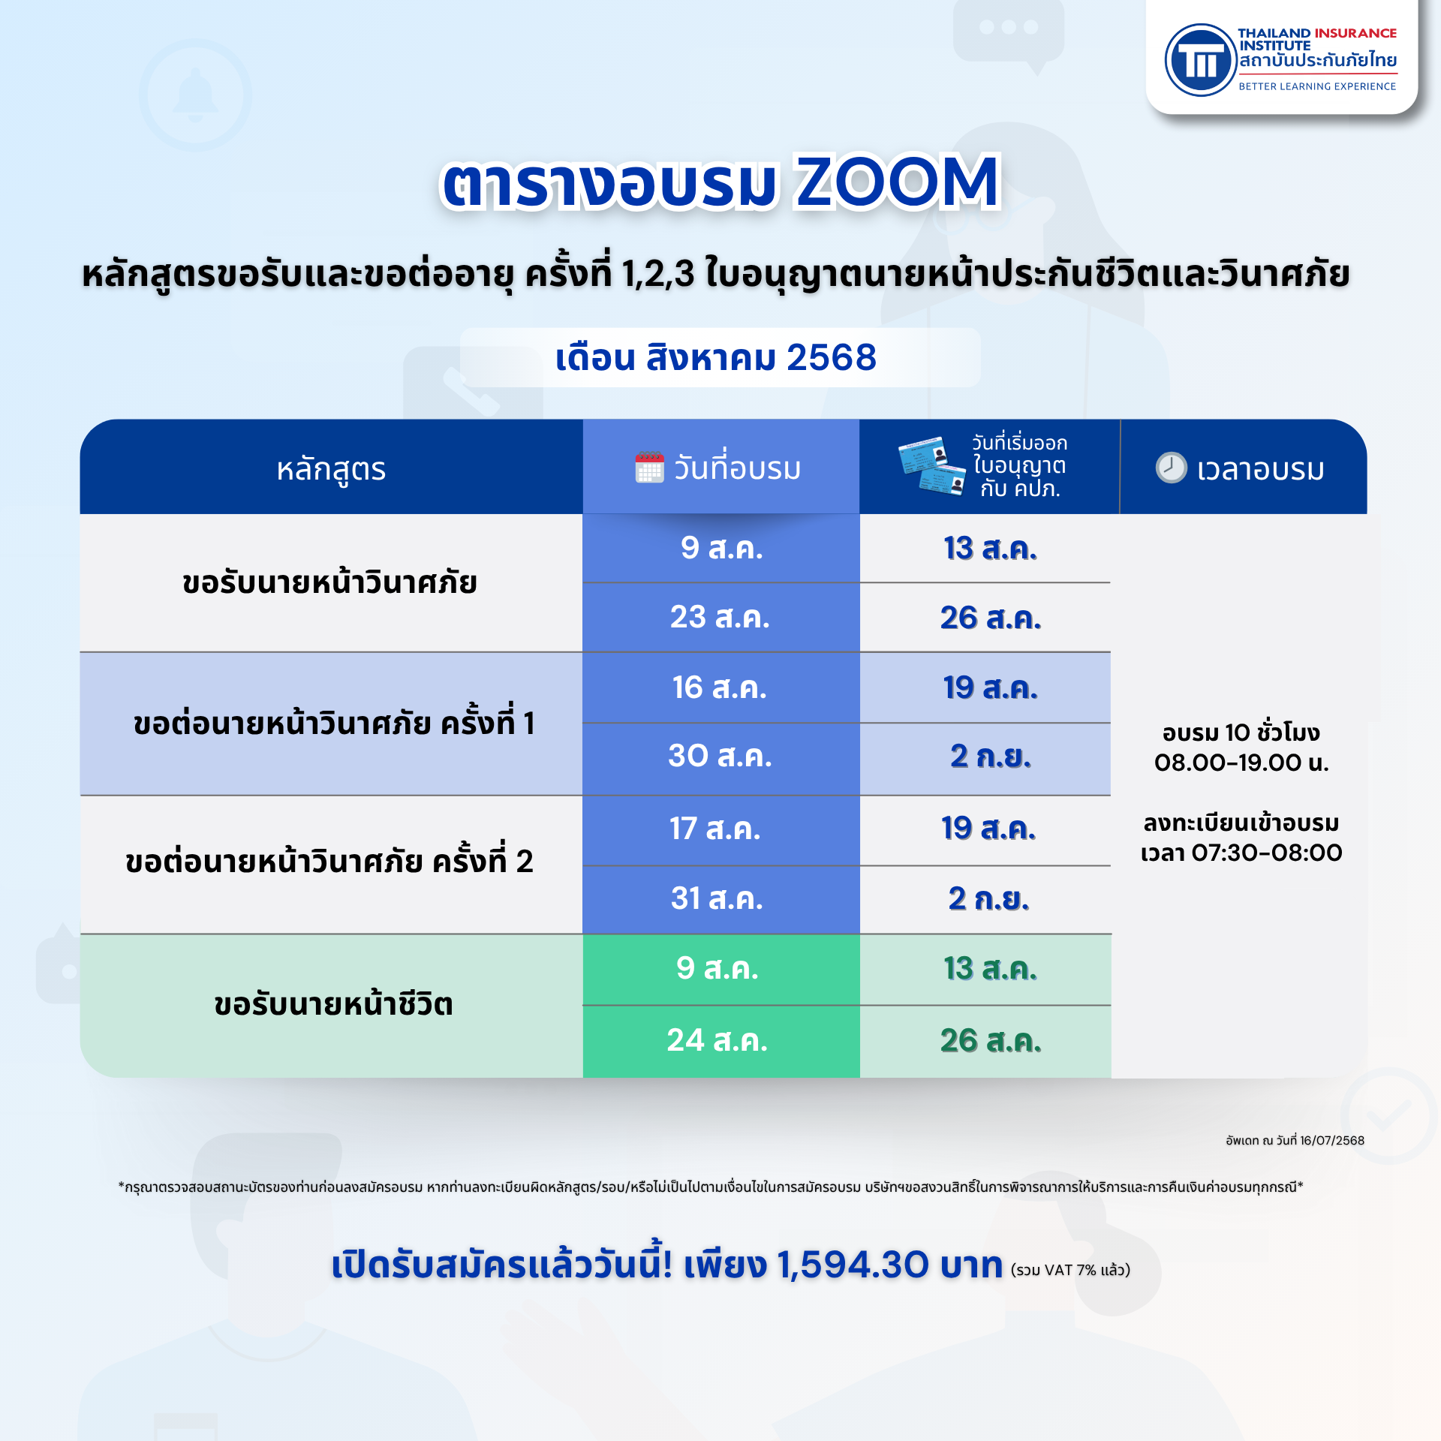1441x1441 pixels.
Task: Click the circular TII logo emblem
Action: coord(1199,60)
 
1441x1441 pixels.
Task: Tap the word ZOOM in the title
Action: coord(898,182)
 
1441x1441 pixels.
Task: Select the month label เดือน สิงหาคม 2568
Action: coord(716,357)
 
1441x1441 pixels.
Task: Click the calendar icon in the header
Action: coord(649,468)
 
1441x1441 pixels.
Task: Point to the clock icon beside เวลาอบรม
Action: coord(1171,468)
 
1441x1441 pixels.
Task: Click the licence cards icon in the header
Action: coord(931,465)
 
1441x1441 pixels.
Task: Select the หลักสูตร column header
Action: coord(331,470)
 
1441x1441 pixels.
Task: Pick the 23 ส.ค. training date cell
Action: coord(720,617)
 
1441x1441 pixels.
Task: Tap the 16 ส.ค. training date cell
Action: coord(720,687)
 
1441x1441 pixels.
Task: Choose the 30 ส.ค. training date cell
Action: coord(720,756)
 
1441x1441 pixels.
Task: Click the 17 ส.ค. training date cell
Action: coord(720,829)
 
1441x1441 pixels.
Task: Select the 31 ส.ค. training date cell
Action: coord(720,898)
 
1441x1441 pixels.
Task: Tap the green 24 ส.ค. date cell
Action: coord(720,1041)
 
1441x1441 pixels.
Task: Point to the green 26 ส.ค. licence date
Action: coord(991,1041)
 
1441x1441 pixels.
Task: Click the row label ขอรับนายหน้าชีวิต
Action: coord(333,1004)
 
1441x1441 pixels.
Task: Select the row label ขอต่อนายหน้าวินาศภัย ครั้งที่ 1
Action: coord(334,724)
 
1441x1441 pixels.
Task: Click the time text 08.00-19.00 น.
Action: coord(1241,763)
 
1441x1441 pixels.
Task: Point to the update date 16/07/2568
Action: coord(1332,1141)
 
